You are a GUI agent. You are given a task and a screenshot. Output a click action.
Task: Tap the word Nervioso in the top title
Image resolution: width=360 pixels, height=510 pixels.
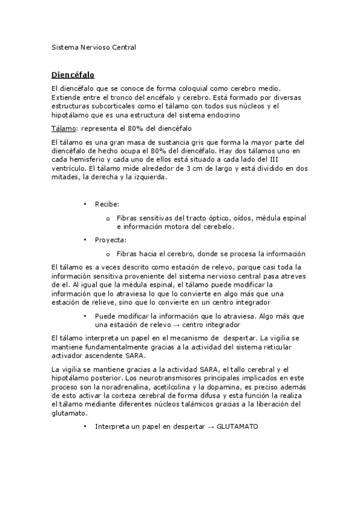tap(94, 46)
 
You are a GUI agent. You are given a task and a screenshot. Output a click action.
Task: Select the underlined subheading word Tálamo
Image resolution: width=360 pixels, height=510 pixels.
tap(64, 128)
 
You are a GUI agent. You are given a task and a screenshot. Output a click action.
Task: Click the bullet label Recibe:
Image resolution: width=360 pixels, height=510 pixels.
tap(107, 204)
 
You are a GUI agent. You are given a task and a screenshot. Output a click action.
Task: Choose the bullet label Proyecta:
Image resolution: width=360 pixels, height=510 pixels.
tap(111, 239)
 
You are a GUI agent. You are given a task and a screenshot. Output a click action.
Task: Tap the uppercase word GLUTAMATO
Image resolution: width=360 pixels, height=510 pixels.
tap(236, 426)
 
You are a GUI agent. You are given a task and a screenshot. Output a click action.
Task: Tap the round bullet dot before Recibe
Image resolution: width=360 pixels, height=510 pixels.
tap(85, 204)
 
